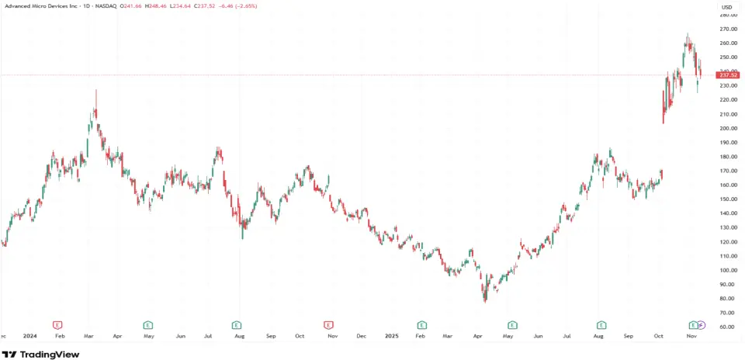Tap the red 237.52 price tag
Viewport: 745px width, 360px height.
point(727,75)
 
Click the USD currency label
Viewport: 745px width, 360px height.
point(726,7)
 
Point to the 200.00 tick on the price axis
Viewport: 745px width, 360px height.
point(727,128)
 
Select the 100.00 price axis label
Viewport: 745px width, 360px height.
point(727,270)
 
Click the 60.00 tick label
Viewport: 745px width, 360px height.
point(727,327)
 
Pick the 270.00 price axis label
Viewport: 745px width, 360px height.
point(727,29)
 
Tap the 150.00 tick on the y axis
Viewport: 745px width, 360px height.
point(727,199)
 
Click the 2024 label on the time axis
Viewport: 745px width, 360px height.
point(30,336)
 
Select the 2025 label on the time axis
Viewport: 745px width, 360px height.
point(391,336)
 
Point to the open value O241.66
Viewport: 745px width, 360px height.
point(133,5)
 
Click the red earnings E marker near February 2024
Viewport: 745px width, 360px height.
point(57,324)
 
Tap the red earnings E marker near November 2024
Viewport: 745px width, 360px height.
point(328,324)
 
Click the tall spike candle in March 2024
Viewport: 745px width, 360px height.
point(96,101)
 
